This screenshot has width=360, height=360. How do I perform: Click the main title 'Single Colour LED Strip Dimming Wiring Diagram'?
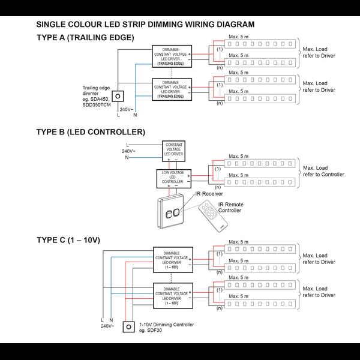click(145, 25)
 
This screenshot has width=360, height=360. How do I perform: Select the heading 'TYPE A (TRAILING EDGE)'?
click(85, 37)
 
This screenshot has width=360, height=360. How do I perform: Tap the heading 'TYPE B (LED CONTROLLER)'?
click(91, 131)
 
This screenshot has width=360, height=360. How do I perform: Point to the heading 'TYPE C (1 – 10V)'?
click(68, 239)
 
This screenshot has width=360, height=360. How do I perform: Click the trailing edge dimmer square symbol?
click(119, 95)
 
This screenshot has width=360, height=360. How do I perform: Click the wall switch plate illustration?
click(173, 213)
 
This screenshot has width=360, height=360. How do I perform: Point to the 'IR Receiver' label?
click(209, 194)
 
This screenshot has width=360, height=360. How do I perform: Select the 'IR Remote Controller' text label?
click(230, 208)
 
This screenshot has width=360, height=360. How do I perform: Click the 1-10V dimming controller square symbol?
click(128, 326)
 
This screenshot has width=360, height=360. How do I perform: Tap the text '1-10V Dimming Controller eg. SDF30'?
click(166, 327)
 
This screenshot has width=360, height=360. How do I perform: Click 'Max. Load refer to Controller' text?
click(323, 171)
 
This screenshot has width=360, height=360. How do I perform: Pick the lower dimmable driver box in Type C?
click(173, 295)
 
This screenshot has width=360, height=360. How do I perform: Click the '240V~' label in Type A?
click(127, 109)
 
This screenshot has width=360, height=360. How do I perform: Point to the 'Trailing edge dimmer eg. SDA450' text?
click(97, 96)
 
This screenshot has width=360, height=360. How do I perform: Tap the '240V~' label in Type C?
click(107, 326)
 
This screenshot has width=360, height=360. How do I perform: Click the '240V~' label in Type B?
click(130, 151)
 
